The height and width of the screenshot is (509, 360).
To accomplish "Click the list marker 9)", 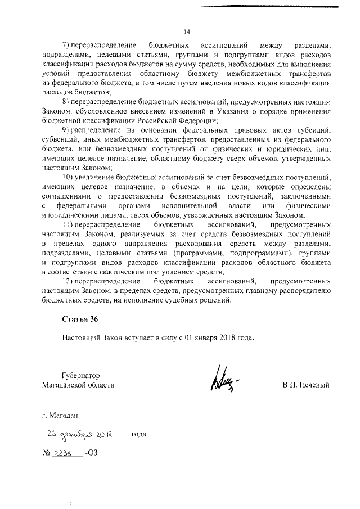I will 66,130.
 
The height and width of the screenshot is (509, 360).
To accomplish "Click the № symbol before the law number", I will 46,453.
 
